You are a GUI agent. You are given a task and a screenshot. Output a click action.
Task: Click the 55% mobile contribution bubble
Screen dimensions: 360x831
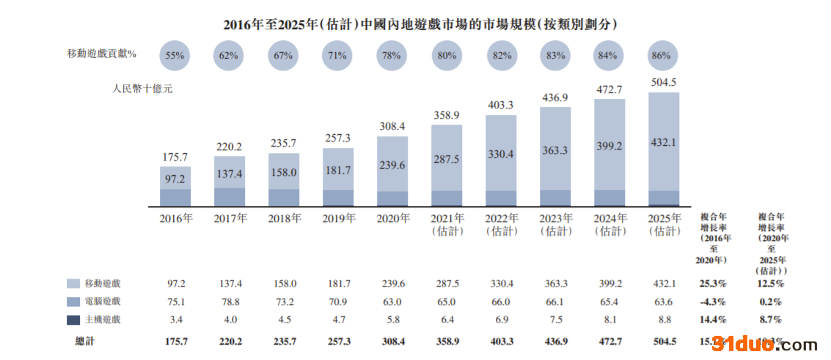(x=175, y=55)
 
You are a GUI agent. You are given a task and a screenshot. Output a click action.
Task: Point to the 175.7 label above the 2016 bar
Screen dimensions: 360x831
(x=175, y=157)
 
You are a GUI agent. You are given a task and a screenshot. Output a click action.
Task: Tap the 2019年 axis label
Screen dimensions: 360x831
(x=338, y=218)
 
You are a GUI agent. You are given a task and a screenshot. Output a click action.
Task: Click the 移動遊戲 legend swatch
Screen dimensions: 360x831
(x=73, y=284)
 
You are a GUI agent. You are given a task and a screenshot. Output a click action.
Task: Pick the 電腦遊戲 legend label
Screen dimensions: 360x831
(x=103, y=301)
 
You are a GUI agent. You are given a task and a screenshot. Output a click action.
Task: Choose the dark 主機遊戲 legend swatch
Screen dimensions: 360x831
(x=73, y=320)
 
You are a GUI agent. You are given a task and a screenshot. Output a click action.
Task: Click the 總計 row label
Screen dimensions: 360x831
(x=85, y=341)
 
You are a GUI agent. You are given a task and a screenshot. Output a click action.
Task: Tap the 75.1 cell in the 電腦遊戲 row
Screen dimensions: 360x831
(x=175, y=301)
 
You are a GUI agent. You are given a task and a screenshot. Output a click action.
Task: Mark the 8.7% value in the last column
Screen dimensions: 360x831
(x=770, y=320)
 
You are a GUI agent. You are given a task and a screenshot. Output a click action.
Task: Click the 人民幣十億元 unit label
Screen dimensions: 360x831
(x=142, y=89)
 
